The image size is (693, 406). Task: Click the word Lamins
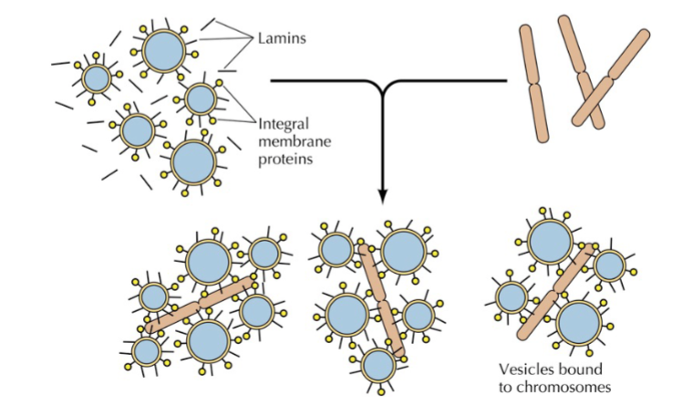pos(282,38)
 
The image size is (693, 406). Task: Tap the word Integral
pos(284,125)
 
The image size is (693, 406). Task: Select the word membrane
pos(295,141)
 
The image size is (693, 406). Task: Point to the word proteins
pos(285,160)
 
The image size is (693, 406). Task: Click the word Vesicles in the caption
pos(524,369)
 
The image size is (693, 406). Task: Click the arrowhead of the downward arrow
pos(383,197)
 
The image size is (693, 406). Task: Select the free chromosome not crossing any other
pos(533,84)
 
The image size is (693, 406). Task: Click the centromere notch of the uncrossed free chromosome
pos(534,83)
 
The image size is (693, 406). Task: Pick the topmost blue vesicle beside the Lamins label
pos(163,51)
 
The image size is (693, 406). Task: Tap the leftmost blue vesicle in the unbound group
pos(97,78)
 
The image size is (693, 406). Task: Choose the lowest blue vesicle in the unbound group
pos(193,162)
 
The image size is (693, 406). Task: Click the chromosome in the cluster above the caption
pos(555,292)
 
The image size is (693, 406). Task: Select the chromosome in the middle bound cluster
pos(382,301)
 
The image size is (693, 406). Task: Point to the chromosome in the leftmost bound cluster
pos(200,304)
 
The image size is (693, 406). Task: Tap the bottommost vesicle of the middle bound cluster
pos(378,365)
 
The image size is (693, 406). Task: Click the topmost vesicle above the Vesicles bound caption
pos(550,243)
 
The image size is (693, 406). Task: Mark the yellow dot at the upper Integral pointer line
pos(219,83)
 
